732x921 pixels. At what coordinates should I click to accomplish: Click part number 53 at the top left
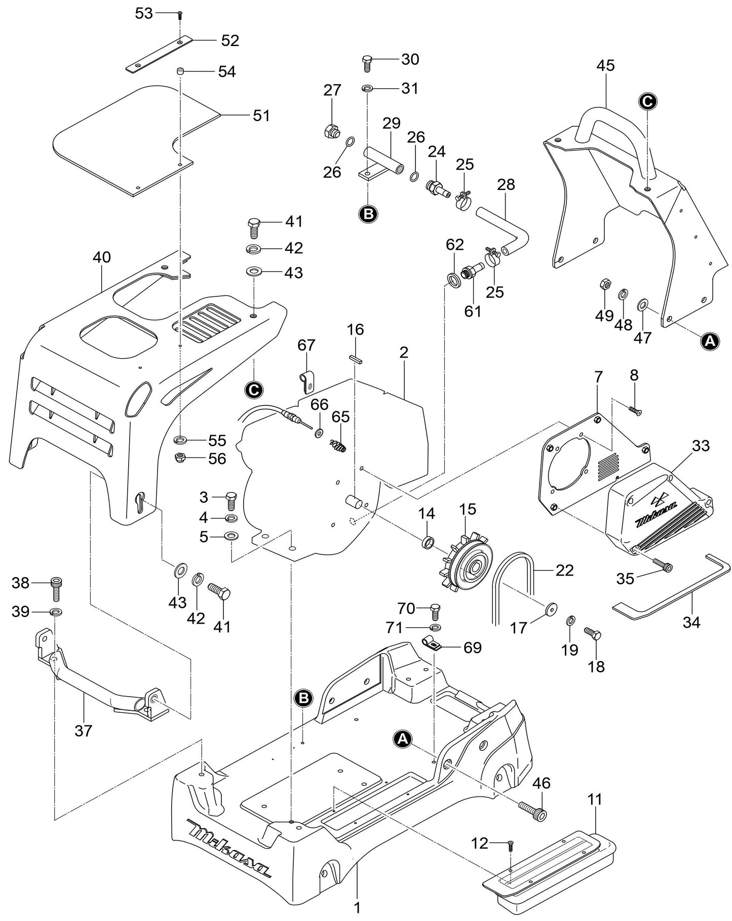[144, 13]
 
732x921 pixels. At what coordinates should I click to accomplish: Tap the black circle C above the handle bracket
[647, 101]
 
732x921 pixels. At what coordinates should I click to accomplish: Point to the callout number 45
[605, 65]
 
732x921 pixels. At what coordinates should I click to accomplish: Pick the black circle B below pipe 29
[368, 214]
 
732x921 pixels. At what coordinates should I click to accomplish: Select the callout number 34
[691, 622]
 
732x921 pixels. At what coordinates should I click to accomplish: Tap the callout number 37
[83, 731]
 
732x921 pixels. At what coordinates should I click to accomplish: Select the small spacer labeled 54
[180, 71]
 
